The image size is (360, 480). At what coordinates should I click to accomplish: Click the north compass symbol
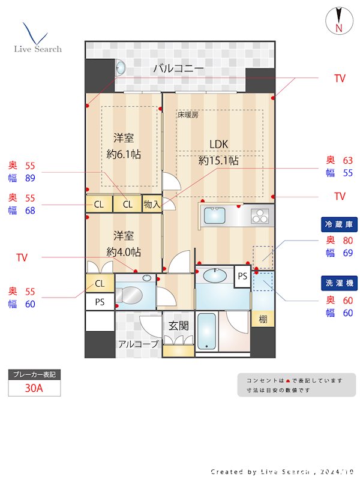coord(338,20)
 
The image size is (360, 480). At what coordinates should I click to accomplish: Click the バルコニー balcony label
coord(178,68)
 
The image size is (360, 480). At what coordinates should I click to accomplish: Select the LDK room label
coord(219,143)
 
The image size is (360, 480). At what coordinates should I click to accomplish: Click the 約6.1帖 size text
coord(124,154)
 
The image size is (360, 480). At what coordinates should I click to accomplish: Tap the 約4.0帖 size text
coord(124,251)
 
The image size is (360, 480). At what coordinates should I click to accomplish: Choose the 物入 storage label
coord(152,205)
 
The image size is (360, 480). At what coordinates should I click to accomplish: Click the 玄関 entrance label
coord(178,326)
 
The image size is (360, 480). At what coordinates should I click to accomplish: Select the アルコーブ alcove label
coord(138,344)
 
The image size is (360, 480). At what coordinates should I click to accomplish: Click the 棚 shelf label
coord(263,319)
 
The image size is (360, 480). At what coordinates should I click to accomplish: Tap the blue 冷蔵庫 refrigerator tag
coord(339,224)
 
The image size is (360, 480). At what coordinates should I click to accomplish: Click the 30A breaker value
coord(34,388)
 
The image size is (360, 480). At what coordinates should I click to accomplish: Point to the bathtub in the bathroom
coord(206,331)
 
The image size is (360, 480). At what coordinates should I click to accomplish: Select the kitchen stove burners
coord(261,215)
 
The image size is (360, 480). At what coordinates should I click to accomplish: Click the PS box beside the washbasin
coord(242,277)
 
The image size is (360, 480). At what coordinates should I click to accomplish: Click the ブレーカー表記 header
coord(34,374)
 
